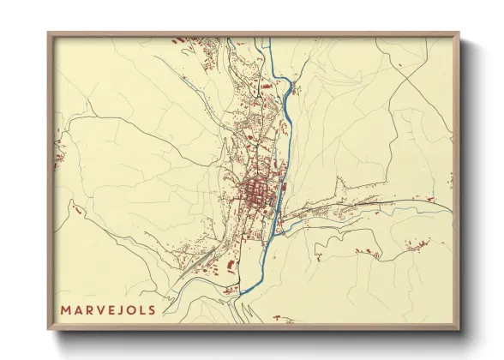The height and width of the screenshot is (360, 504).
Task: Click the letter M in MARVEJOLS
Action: [x=65, y=309]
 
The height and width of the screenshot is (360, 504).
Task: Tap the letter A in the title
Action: [x=79, y=309]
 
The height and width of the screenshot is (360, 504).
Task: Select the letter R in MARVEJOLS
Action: [x=91, y=309]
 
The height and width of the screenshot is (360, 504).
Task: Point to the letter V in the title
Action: [x=103, y=309]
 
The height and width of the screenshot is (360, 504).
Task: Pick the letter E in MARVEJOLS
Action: [x=114, y=309]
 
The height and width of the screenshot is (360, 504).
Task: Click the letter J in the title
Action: [x=124, y=309]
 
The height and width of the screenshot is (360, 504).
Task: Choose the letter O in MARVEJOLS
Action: [x=135, y=309]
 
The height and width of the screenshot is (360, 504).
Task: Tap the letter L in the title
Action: [x=146, y=309]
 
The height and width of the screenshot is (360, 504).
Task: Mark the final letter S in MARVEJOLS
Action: [x=155, y=309]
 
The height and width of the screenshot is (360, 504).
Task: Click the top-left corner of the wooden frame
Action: [x=49, y=33]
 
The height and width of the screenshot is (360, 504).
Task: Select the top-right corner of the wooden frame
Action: [x=459, y=33]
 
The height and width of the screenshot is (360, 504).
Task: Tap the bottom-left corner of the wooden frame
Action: [x=49, y=329]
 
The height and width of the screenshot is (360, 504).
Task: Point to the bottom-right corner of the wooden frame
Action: [x=459, y=329]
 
